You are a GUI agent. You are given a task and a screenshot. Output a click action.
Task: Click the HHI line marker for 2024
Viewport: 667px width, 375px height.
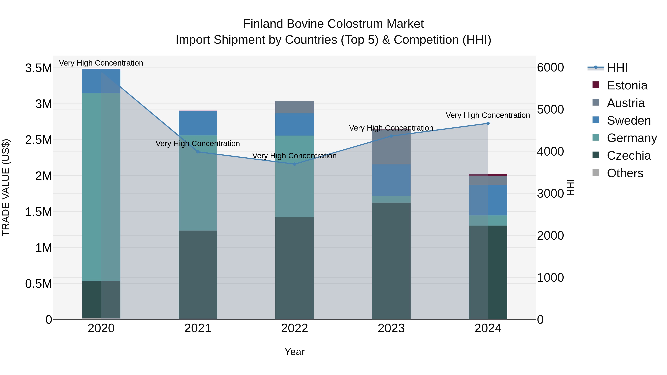488,124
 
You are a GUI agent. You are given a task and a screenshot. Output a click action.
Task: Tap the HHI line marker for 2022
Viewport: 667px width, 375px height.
294,164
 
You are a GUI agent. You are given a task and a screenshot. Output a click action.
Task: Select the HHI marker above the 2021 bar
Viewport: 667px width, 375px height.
198,152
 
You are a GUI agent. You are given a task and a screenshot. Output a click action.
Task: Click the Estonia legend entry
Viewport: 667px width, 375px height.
627,85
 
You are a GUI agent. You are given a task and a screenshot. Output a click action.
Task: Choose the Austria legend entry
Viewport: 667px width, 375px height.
625,103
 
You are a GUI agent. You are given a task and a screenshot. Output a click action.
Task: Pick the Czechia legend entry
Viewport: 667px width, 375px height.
628,156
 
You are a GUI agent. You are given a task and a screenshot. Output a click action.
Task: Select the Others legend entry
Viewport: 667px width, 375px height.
625,173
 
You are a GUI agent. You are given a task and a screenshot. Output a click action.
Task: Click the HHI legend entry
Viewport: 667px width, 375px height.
617,68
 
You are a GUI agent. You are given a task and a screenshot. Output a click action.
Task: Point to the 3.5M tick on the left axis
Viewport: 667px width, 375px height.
38,68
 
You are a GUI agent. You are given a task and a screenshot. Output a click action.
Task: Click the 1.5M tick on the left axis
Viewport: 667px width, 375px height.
38,212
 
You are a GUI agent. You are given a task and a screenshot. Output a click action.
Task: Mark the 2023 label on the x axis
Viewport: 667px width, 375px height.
391,328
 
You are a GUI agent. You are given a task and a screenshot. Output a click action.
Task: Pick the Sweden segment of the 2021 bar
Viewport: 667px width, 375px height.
198,123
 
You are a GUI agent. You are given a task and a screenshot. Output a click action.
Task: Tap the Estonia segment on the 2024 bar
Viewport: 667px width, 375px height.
488,175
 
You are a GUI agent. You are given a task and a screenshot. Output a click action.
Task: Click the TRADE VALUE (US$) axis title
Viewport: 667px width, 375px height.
6,187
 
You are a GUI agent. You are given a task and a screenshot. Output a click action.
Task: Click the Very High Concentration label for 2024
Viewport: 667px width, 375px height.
488,115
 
